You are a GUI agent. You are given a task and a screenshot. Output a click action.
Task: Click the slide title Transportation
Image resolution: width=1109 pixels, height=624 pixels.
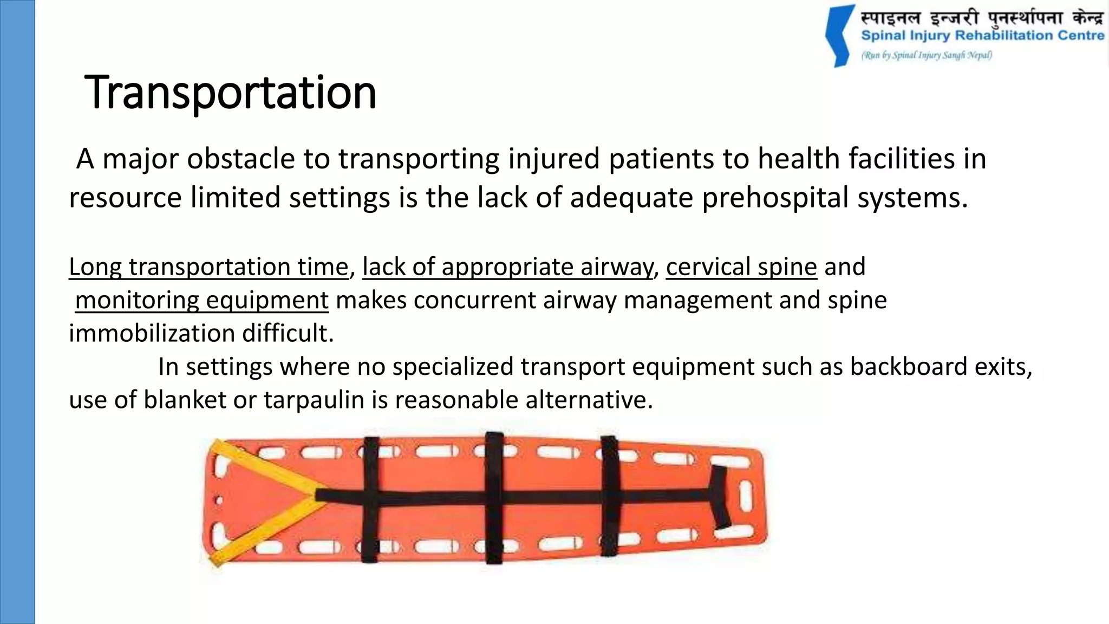(x=230, y=93)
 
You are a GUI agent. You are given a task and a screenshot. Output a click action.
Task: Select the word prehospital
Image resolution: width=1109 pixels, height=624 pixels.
(x=775, y=197)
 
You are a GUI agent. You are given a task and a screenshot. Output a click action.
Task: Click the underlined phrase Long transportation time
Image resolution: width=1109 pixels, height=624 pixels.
(x=208, y=267)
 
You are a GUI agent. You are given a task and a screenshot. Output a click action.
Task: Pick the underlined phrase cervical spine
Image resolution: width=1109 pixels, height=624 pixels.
(x=741, y=267)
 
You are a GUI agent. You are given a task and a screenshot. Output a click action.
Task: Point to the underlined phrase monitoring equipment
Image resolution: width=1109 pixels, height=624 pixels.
(x=201, y=301)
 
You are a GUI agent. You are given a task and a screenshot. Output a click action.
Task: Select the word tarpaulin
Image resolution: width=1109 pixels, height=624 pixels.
(x=314, y=400)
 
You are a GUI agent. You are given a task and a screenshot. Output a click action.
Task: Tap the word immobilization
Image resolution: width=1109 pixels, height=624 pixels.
(x=152, y=334)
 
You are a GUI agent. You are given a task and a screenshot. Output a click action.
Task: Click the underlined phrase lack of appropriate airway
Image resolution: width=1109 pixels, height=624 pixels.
(x=507, y=267)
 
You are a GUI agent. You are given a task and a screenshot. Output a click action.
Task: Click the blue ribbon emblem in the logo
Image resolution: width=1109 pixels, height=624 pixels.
(x=840, y=36)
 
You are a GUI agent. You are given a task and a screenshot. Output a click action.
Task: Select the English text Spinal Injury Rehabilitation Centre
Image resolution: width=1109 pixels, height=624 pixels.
(x=982, y=36)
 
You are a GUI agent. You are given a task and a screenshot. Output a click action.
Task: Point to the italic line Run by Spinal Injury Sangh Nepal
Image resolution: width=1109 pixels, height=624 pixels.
(x=927, y=55)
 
